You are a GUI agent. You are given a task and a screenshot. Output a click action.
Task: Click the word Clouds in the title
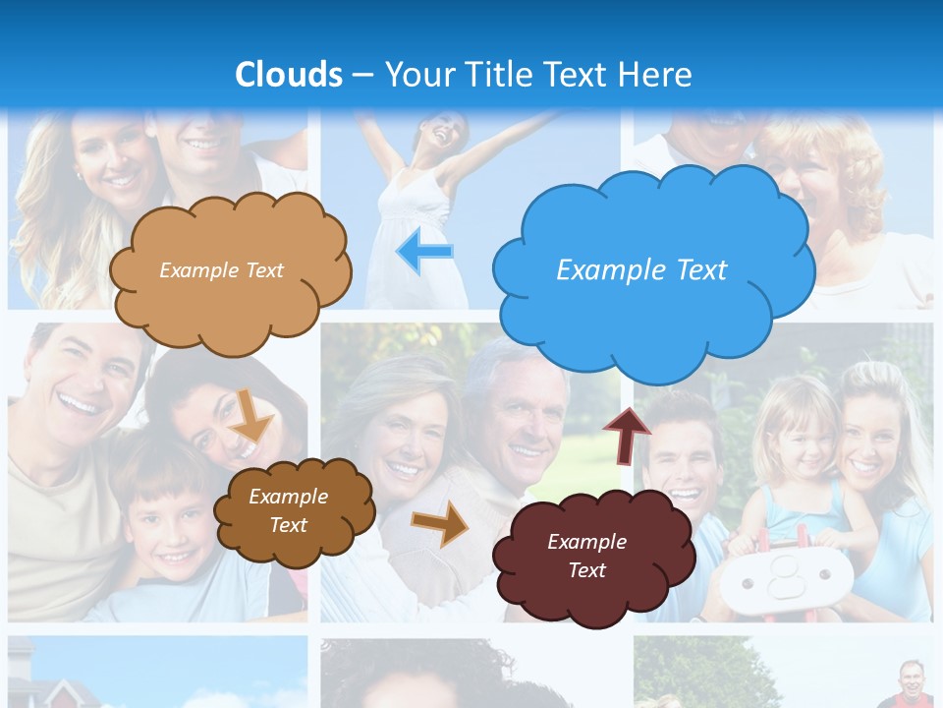289,75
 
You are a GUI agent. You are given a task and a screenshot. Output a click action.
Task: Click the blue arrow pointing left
424,252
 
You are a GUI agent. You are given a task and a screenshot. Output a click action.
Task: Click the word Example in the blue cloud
602,270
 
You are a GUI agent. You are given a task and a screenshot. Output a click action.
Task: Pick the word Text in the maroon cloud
586,570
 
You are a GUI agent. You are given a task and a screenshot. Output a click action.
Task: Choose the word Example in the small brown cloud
288,497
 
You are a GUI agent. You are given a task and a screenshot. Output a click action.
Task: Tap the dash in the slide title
362,76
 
